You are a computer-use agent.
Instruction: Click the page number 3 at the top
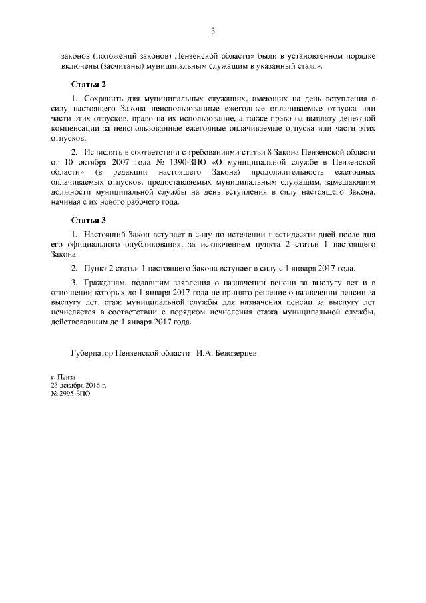(212, 31)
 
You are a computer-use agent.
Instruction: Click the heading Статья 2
(89, 85)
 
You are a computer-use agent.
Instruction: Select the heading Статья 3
(89, 219)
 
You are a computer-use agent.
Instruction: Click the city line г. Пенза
(63, 377)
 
